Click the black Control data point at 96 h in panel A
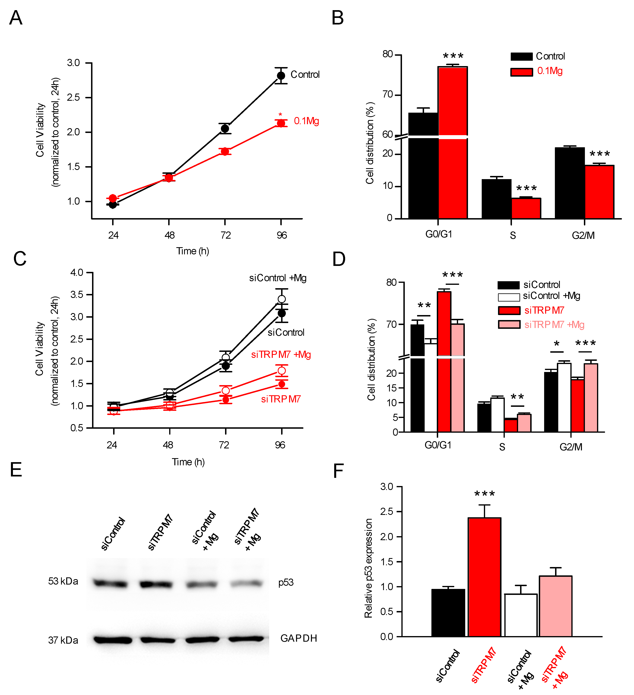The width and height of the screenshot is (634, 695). pyautogui.click(x=281, y=75)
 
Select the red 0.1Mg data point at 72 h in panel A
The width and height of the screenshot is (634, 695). pyautogui.click(x=225, y=151)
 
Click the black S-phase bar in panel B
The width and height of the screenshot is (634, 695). pyautogui.click(x=496, y=199)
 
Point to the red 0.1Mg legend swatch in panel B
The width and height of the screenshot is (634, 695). pyautogui.click(x=521, y=72)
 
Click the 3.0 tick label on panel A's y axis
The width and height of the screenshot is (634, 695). pyautogui.click(x=73, y=63)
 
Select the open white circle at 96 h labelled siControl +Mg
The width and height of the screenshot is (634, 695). pyautogui.click(x=282, y=299)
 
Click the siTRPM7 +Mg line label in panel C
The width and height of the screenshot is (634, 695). pyautogui.click(x=281, y=354)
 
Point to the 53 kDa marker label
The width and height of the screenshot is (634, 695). pyautogui.click(x=63, y=581)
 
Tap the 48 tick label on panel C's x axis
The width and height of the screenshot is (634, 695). pyautogui.click(x=168, y=445)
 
